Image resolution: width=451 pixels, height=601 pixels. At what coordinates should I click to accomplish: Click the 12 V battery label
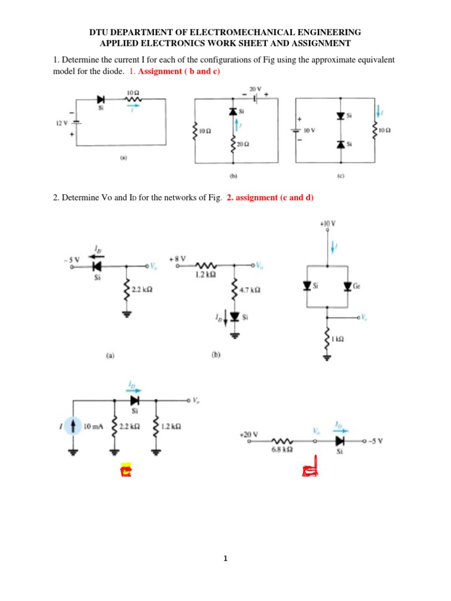coord(63,123)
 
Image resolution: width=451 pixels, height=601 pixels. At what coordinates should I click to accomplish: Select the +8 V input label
coord(177,258)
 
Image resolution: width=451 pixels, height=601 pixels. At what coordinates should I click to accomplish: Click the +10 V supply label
coord(328,224)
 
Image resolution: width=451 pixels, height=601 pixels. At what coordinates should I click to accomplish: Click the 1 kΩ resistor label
coord(337,339)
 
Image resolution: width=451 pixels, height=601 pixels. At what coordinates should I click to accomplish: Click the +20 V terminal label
coord(247,434)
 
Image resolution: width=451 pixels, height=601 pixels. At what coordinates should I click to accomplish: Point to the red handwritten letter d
coord(309,467)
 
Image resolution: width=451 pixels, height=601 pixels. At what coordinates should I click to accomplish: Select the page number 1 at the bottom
coord(225,559)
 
